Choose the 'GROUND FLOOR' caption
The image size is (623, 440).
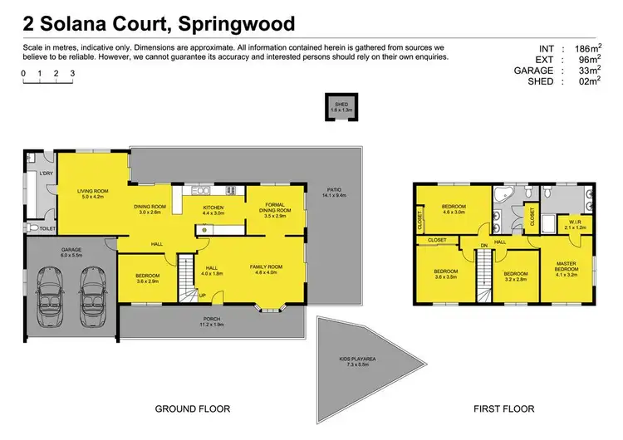193,408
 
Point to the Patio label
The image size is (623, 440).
335,193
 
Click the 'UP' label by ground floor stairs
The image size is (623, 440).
201,296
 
